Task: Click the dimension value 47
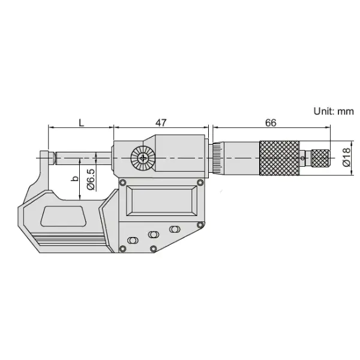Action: pyautogui.click(x=161, y=122)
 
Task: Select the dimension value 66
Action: pyautogui.click(x=271, y=123)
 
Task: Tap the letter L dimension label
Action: pyautogui.click(x=82, y=122)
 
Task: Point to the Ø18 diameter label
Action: pyautogui.click(x=346, y=157)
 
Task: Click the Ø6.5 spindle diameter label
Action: pyautogui.click(x=91, y=179)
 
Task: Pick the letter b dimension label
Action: pyautogui.click(x=74, y=178)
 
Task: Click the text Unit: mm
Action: pyautogui.click(x=334, y=111)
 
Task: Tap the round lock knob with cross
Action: pyautogui.click(x=143, y=158)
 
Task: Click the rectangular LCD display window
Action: pyautogui.click(x=161, y=200)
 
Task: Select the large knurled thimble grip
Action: pyautogui.click(x=280, y=158)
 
